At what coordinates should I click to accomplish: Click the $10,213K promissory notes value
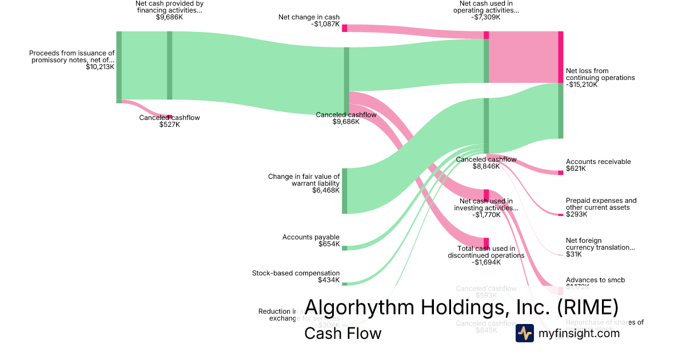coord(100,67)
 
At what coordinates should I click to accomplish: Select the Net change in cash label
coord(309,17)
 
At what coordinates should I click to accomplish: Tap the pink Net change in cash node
coord(345,28)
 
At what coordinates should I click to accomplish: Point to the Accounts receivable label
coord(598,162)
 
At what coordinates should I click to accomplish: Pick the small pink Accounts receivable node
coord(561,173)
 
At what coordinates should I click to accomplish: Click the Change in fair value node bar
coord(345,191)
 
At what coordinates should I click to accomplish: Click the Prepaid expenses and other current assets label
coord(601,204)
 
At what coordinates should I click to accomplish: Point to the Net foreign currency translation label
coord(600,244)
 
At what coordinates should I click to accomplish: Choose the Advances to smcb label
coord(595,280)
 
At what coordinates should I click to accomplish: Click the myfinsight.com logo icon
coord(524,333)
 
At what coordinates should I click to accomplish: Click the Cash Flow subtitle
coord(342,333)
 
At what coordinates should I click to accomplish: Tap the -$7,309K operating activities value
coord(486,17)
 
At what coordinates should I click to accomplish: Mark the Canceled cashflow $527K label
coord(169,121)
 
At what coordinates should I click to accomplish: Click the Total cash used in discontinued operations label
coord(486,252)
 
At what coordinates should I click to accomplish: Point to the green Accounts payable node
coord(345,248)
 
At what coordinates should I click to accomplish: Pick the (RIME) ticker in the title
coord(587,307)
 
